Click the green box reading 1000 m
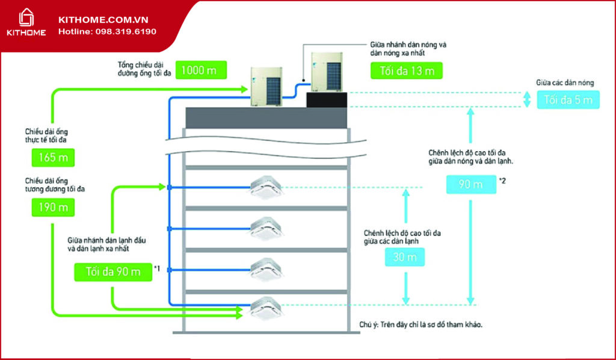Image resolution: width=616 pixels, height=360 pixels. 202,70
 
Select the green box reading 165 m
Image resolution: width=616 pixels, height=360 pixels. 54,158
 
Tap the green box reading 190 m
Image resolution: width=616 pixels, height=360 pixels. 54,208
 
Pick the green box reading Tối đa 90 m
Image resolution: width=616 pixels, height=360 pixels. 113,272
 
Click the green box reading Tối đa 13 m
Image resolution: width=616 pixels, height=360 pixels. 407,70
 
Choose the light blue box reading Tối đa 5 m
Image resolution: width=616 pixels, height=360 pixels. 568,100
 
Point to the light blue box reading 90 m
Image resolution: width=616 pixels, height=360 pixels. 471,184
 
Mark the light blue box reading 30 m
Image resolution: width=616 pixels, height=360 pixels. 405,257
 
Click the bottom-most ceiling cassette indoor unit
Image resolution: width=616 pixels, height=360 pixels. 266,308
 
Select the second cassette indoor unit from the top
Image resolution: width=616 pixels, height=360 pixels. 266,228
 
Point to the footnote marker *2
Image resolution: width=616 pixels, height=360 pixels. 503,180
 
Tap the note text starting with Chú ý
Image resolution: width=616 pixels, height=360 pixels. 420,324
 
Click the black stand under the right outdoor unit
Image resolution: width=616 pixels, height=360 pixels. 327,100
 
